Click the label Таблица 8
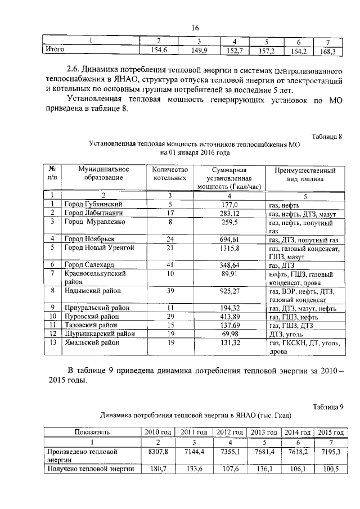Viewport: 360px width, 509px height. tap(326, 137)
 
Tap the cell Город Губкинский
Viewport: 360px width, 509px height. tap(93, 205)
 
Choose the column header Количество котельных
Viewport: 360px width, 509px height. tap(169, 174)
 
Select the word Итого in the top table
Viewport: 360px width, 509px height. tap(55, 52)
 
